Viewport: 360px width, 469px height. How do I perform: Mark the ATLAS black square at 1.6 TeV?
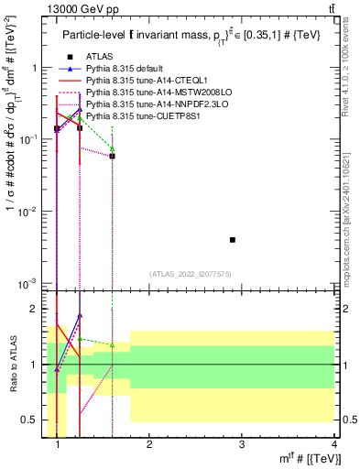click(112, 157)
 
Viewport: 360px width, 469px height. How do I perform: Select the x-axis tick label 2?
click(149, 445)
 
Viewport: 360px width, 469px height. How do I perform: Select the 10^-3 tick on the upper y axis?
click(31, 283)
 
